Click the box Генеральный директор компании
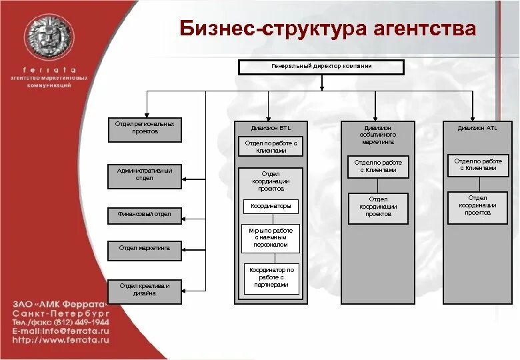tap(321, 67)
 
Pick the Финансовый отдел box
tap(145, 214)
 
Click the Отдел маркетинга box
tap(145, 247)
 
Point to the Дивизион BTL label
tap(271, 127)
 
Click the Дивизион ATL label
tap(477, 127)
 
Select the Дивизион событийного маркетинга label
tap(378, 134)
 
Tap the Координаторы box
tap(271, 206)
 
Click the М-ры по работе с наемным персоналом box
tap(271, 237)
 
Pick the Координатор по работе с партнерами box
tap(271, 277)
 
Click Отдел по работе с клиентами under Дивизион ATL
tap(478, 165)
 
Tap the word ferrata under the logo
tap(50, 69)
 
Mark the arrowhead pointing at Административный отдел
tap(187, 178)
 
